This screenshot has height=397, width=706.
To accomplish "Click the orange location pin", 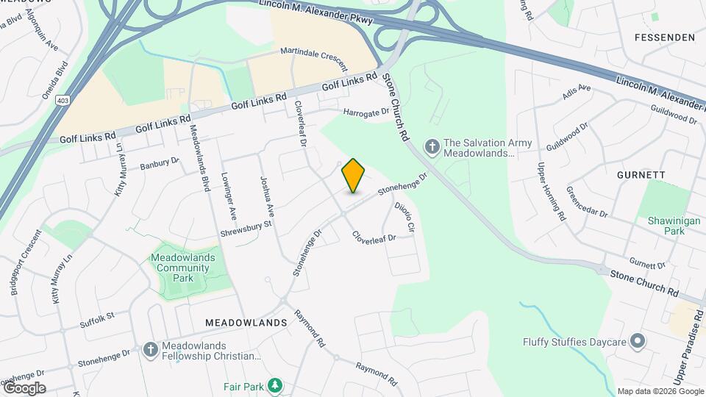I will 354,176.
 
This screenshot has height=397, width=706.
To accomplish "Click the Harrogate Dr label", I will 366,112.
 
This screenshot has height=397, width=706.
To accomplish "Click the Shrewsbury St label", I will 246,229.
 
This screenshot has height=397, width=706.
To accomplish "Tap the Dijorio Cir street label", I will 404,218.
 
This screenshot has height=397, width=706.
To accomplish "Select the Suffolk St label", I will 98,317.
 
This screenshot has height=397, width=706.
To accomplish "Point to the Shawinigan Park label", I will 666,225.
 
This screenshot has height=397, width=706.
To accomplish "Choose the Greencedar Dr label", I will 587,201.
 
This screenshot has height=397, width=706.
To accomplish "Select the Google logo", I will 24,387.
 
